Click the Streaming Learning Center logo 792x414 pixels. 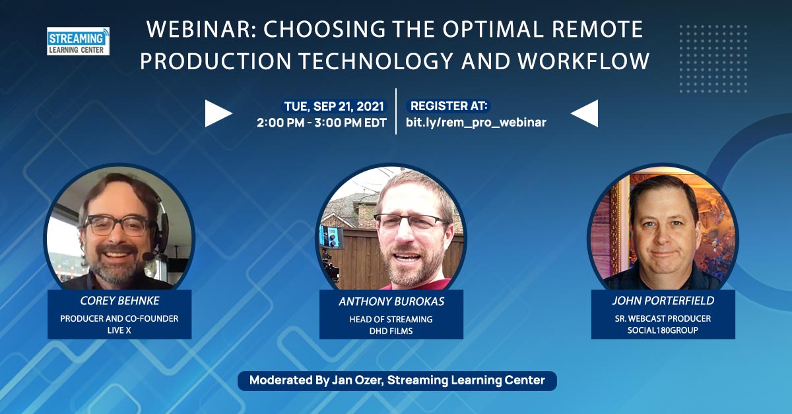pyautogui.click(x=78, y=41)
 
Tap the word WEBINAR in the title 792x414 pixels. pyautogui.click(x=199, y=29)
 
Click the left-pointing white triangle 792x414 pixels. pyautogui.click(x=585, y=113)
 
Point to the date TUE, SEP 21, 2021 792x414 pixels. pyautogui.click(x=334, y=106)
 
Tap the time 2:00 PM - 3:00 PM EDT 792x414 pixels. pyautogui.click(x=322, y=123)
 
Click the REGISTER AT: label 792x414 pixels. pyautogui.click(x=449, y=106)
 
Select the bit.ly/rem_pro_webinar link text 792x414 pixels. pyautogui.click(x=476, y=123)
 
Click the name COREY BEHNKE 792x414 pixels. pyautogui.click(x=119, y=301)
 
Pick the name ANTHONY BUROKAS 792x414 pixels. pyautogui.click(x=391, y=301)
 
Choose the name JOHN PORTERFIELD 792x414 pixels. pyautogui.click(x=663, y=301)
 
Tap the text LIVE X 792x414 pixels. pyautogui.click(x=119, y=330)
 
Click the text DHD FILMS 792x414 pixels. pyautogui.click(x=391, y=331)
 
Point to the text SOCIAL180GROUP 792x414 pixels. pyautogui.click(x=663, y=330)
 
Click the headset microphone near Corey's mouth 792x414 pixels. pyautogui.click(x=149, y=255)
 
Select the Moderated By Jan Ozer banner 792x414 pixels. pyautogui.click(x=397, y=380)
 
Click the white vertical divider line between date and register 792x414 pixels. pyautogui.click(x=396, y=111)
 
